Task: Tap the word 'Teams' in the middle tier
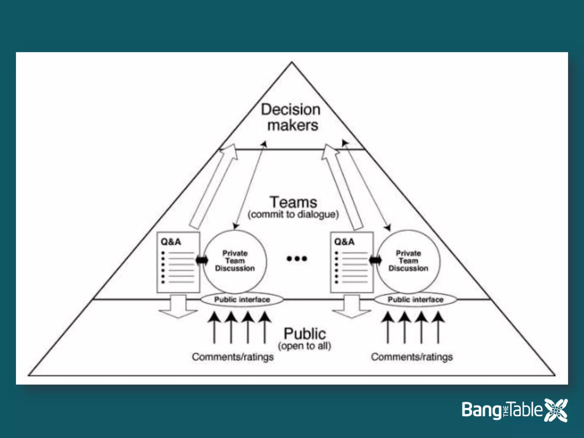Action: tap(293, 202)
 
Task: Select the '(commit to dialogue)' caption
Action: tap(293, 214)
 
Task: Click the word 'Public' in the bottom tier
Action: tap(305, 334)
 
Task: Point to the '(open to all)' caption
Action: tap(305, 346)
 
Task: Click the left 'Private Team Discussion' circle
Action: tap(235, 261)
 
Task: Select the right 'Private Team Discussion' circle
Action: tap(408, 261)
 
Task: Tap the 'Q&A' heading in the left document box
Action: tap(171, 242)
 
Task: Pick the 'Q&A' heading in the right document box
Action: tap(344, 242)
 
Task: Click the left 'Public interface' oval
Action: tap(242, 300)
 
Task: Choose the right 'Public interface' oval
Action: tap(415, 300)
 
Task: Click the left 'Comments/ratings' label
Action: tap(233, 357)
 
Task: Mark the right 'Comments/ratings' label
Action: tap(412, 357)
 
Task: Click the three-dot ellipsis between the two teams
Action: tap(297, 259)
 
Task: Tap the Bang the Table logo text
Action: tap(502, 410)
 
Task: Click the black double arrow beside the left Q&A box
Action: tap(202, 260)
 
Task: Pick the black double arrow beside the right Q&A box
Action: tap(375, 260)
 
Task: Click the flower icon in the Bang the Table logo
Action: tap(556, 410)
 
